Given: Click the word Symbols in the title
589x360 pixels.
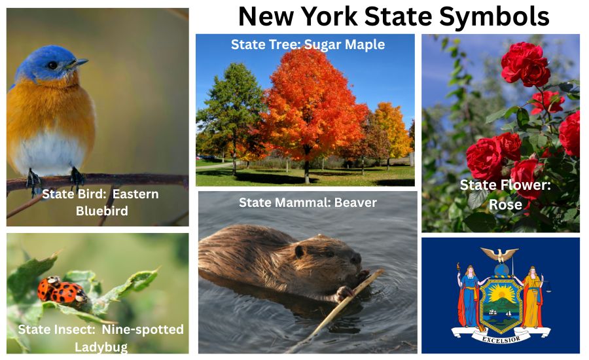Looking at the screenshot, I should click(493, 16).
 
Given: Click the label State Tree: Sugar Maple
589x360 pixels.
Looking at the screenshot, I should click(308, 45).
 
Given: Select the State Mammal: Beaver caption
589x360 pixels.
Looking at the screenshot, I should click(308, 202).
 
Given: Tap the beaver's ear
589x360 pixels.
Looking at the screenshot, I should click(300, 251).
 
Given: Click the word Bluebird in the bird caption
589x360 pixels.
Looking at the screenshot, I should click(101, 211).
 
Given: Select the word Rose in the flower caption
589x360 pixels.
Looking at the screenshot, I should click(505, 204).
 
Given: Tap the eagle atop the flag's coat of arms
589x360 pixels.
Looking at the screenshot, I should click(499, 254).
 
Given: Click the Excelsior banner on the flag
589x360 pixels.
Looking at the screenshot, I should click(501, 338).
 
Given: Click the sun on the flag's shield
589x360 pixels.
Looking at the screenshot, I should click(501, 290).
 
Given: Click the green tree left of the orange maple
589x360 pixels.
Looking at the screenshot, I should click(228, 111).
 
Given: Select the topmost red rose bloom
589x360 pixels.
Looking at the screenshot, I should click(525, 63).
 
